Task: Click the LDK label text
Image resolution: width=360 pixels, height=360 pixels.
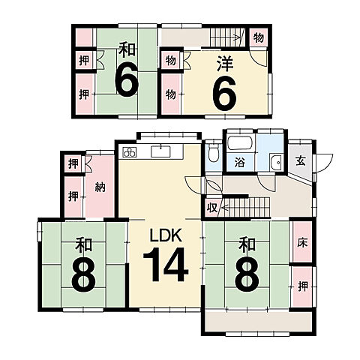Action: (x=165, y=235)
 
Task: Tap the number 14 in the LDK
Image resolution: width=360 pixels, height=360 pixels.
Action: (x=165, y=265)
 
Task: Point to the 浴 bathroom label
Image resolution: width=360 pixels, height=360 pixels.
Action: (x=240, y=163)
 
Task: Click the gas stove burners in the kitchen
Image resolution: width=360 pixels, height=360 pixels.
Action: (x=130, y=152)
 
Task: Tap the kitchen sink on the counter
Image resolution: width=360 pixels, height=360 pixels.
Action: (x=160, y=151)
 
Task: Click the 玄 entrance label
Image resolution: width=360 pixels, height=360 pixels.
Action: (x=301, y=160)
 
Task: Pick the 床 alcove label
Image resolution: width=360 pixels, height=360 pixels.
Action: (x=302, y=243)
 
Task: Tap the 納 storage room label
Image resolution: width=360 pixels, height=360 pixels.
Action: (x=100, y=187)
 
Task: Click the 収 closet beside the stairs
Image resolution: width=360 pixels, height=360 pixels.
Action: (x=212, y=208)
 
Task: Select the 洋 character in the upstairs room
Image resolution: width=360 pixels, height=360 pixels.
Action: (x=225, y=64)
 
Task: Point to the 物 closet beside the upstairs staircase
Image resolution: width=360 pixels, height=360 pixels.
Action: (x=259, y=37)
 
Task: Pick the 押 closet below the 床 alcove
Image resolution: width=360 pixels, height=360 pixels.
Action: (x=303, y=286)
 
